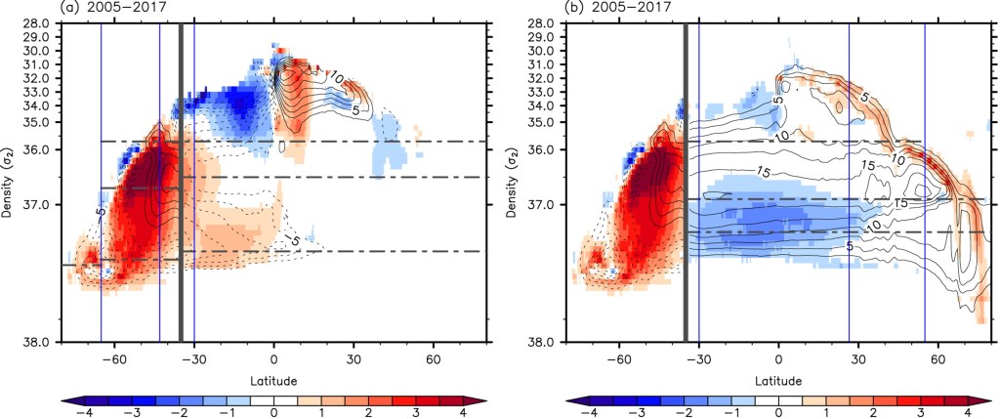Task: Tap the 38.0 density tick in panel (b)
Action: (x=546, y=342)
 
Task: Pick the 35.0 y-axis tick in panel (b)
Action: (x=546, y=122)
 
